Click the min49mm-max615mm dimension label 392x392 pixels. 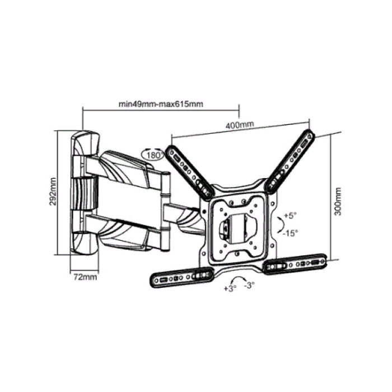click(161, 104)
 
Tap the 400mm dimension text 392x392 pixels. click(240, 124)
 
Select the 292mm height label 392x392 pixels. click(53, 192)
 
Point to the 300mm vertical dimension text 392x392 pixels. click(338, 201)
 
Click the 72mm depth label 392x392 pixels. click(85, 277)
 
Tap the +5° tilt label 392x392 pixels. click(290, 216)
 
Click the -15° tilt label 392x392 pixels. click(290, 234)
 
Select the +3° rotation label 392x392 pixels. click(230, 288)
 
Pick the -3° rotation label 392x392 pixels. click(249, 285)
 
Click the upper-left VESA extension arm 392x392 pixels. click(192, 173)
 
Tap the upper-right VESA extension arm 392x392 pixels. click(290, 162)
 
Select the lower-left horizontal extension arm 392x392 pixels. click(182, 277)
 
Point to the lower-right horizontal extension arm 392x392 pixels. click(295, 264)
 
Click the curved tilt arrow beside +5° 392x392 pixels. click(281, 225)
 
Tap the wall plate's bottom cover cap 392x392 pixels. click(85, 243)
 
